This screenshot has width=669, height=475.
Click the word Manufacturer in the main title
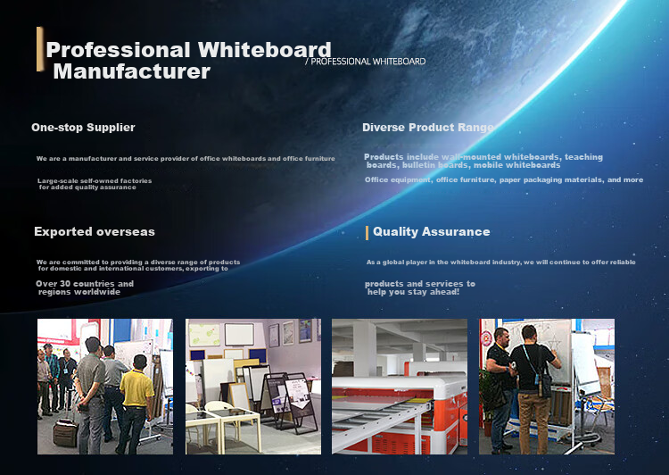[x=132, y=71]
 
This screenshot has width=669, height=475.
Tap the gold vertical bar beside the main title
[x=40, y=49]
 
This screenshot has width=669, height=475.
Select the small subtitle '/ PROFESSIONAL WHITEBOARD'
[x=366, y=62]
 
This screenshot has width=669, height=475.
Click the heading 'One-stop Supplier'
[x=83, y=128]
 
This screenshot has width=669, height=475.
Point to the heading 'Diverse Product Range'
[x=428, y=128]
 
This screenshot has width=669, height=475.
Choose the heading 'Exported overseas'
[x=95, y=231]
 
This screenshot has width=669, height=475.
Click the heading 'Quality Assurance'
[x=432, y=231]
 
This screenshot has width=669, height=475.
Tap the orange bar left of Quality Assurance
[x=367, y=233]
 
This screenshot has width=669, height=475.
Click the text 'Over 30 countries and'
[x=85, y=284]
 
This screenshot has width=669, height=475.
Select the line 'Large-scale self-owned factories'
[x=95, y=180]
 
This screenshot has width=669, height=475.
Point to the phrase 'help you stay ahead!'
[x=413, y=292]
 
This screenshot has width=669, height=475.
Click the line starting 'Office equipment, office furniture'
[x=504, y=179]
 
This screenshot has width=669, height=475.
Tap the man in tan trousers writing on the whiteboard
[x=534, y=388]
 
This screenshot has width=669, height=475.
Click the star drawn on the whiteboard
[x=554, y=343]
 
